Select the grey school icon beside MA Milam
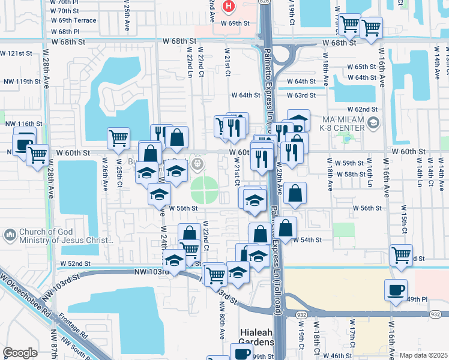[x=373, y=124]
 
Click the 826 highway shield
[x=265, y=2]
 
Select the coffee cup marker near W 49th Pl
[x=396, y=290]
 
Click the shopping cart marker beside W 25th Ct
[x=118, y=137]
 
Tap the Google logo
[x=20, y=353]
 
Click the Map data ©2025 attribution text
[x=423, y=356]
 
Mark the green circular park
[x=205, y=191]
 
